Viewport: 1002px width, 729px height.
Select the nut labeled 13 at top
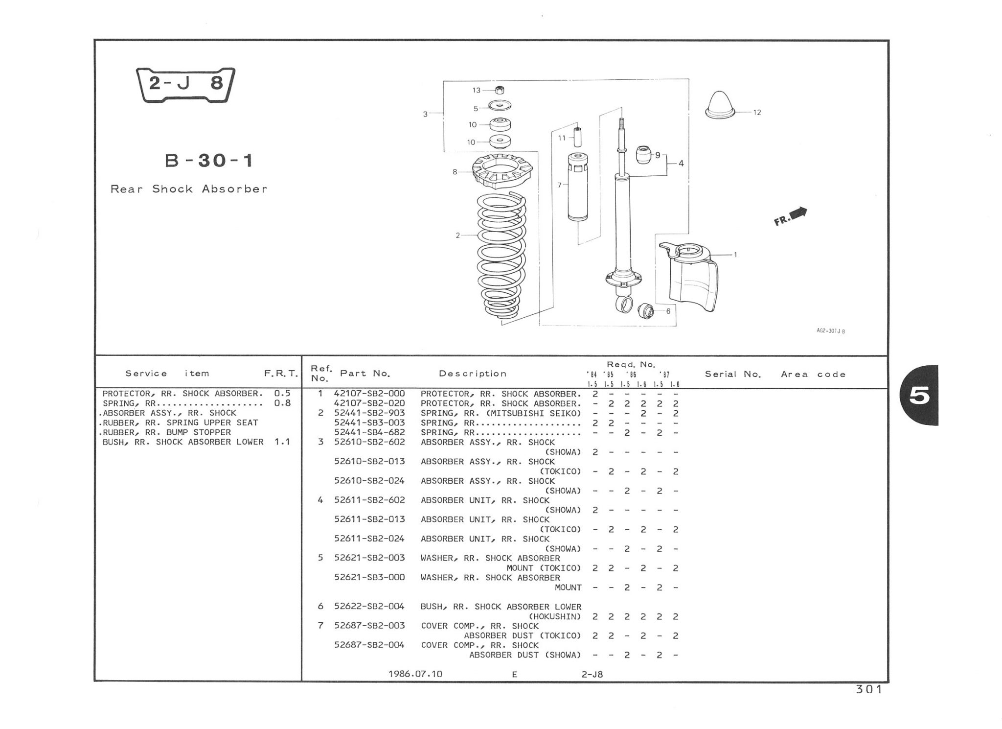tap(500, 90)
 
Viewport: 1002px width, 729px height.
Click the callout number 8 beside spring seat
tap(455, 172)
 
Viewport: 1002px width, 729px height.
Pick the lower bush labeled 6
tap(646, 310)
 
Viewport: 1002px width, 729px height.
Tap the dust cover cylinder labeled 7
tap(578, 188)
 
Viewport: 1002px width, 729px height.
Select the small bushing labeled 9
tap(644, 155)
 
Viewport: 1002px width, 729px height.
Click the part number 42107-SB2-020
tap(369, 403)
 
